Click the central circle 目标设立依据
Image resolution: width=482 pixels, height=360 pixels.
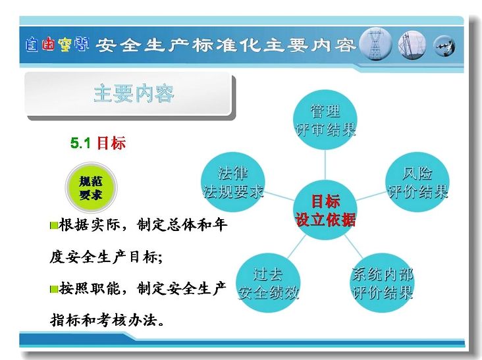(325, 210)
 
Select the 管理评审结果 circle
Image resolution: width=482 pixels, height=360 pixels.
(325, 120)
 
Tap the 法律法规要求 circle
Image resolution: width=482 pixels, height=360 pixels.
(233, 182)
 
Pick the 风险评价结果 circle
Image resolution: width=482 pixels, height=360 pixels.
(417, 182)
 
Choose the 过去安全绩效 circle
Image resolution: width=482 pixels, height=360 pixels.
(269, 283)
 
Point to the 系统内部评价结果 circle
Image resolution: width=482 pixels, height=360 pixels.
(382, 283)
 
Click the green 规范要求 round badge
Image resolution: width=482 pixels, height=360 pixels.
(91, 188)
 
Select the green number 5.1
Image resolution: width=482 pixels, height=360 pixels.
(80, 143)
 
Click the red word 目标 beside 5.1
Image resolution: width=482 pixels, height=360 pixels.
(111, 143)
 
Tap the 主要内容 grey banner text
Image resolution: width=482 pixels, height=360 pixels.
(134, 93)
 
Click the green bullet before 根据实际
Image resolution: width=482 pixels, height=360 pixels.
(54, 226)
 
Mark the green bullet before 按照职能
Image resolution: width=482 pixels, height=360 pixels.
(54, 289)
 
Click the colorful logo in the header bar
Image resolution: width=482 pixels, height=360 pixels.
(57, 45)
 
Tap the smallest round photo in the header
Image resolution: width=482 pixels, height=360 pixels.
(444, 46)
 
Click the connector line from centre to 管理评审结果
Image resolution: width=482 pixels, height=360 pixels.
(325, 165)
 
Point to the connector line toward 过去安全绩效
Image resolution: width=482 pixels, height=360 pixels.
(296, 247)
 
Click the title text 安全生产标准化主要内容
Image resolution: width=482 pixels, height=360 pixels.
(226, 45)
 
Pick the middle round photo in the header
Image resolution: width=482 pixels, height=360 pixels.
(412, 45)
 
